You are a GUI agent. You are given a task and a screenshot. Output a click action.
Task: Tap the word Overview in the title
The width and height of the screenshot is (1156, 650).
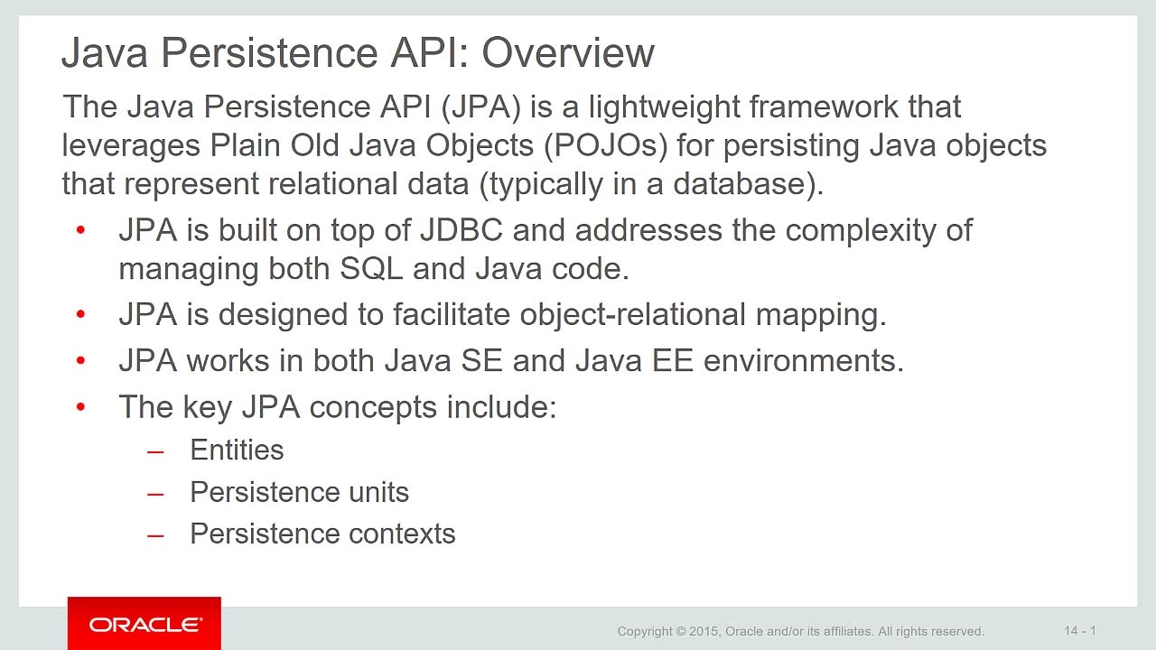(x=568, y=52)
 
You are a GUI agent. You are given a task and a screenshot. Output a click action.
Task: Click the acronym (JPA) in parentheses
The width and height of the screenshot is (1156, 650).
(x=480, y=107)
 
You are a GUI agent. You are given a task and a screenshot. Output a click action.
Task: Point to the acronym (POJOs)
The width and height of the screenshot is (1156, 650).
(x=605, y=145)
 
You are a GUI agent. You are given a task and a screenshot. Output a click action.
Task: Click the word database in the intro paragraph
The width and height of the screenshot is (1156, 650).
(x=739, y=183)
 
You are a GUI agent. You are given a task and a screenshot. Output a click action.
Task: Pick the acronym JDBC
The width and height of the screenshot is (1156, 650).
(x=461, y=229)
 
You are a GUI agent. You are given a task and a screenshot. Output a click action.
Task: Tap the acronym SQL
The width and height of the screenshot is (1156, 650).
(x=371, y=269)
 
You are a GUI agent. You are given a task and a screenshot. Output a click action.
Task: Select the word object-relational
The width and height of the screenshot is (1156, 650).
(x=633, y=315)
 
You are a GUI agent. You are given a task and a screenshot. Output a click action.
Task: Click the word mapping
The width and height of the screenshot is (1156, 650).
(x=816, y=315)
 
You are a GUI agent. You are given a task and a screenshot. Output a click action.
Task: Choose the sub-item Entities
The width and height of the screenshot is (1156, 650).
(x=237, y=450)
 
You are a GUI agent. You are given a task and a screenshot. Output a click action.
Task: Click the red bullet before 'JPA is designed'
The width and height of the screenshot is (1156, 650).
(x=80, y=313)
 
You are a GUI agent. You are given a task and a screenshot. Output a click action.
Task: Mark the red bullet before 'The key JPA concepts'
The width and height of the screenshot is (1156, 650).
(x=80, y=407)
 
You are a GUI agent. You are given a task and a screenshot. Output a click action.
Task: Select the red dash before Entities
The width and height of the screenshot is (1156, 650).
(x=155, y=453)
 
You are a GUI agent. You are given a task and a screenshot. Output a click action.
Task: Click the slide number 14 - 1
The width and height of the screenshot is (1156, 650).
(x=1080, y=630)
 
